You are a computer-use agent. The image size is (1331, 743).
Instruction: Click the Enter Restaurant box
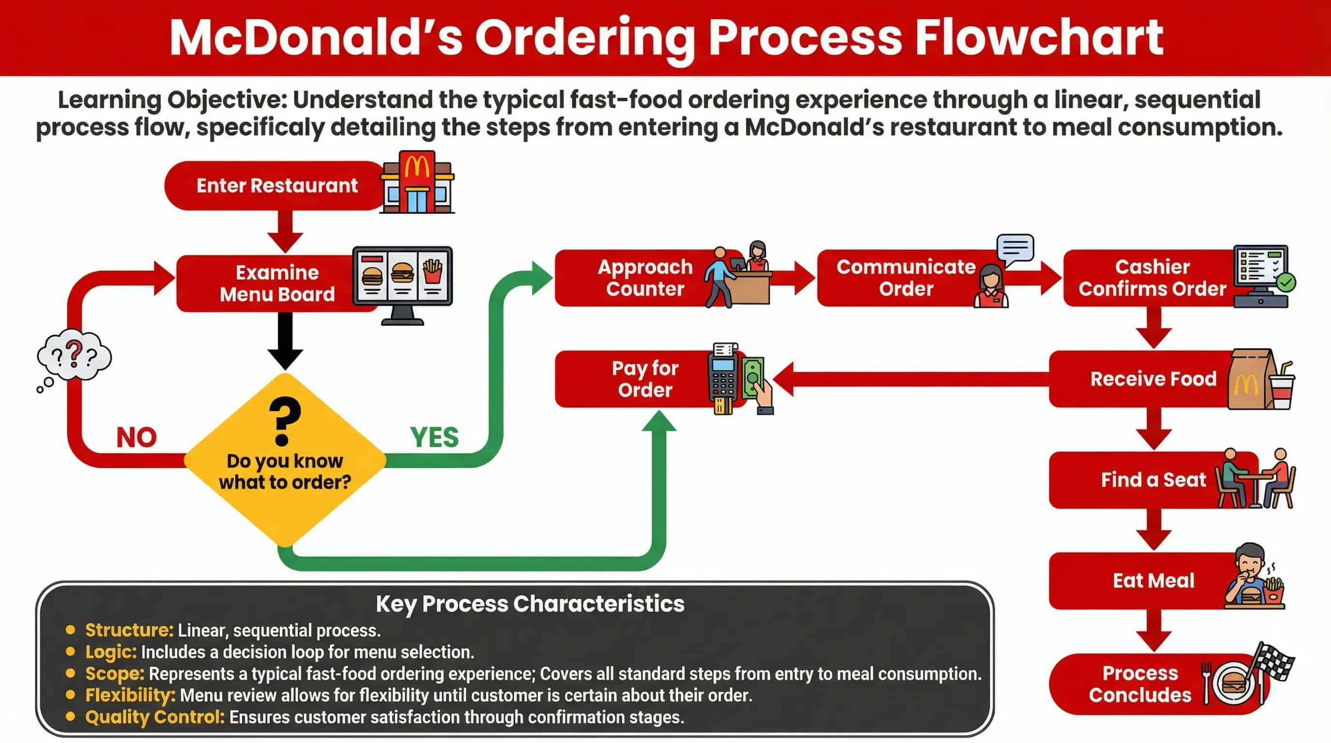point(277,185)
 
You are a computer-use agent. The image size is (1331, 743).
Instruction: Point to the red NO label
point(136,438)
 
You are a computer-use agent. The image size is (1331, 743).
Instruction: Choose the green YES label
point(434,438)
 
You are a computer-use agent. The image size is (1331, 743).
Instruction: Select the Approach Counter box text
point(645,278)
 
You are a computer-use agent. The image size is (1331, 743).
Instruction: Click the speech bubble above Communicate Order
point(1015,249)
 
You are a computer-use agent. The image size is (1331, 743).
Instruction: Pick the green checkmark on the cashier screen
point(1286,282)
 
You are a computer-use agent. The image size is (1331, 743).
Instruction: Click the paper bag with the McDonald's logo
point(1249,380)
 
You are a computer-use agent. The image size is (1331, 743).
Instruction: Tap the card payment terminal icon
point(724,378)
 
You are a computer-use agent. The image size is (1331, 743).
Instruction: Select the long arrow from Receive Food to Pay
point(909,379)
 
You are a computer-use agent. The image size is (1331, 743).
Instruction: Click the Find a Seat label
point(1153,480)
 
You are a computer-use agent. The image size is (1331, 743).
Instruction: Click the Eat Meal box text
point(1153,581)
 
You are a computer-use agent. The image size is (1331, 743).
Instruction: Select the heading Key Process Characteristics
point(530,604)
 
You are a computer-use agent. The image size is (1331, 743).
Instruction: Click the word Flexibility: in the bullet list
point(130,696)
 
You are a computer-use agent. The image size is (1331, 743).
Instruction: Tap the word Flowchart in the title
point(1038,37)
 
